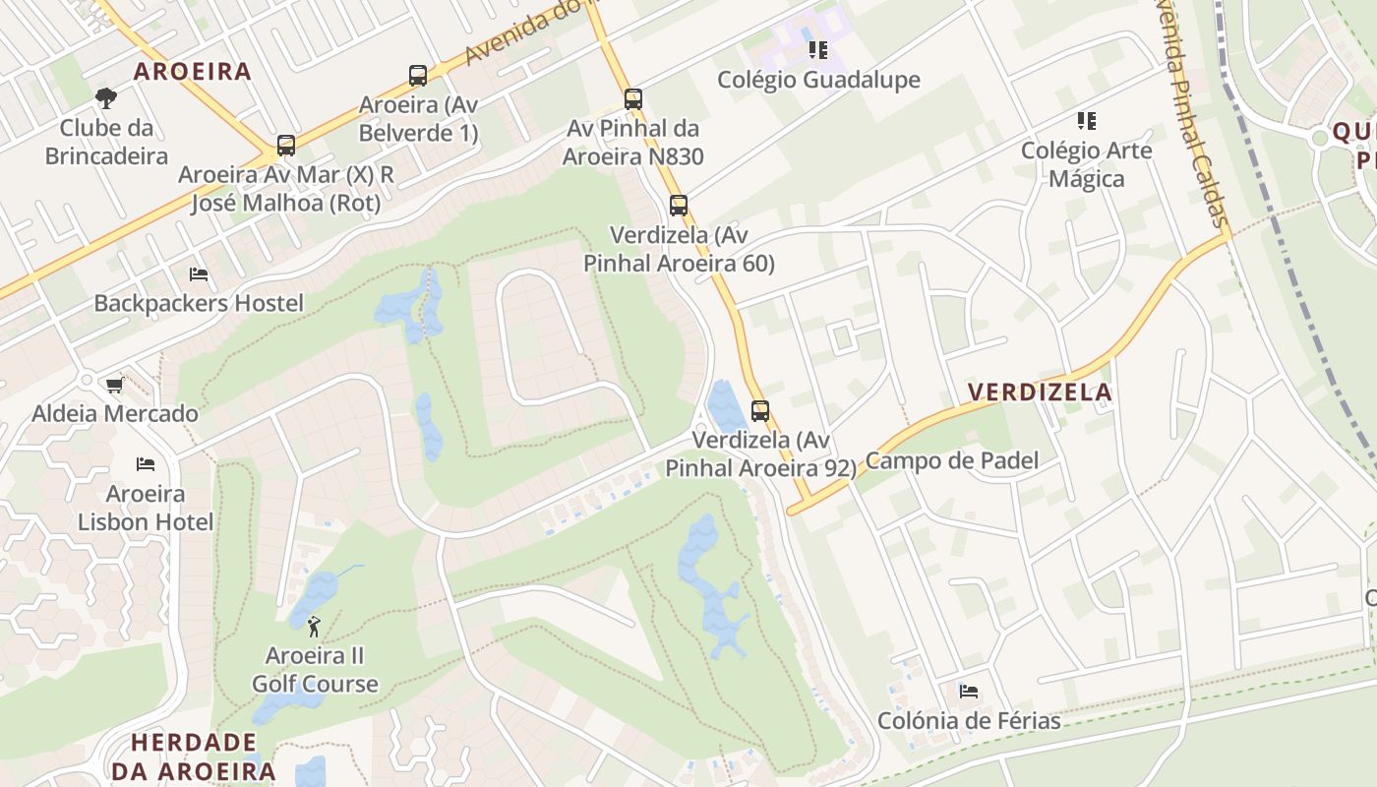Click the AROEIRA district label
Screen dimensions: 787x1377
click(193, 72)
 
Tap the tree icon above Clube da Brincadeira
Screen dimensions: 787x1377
click(106, 98)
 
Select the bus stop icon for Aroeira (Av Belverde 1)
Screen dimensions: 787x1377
click(418, 76)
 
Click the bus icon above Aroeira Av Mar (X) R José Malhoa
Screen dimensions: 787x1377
click(286, 146)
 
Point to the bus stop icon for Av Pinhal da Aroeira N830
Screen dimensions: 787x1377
click(633, 99)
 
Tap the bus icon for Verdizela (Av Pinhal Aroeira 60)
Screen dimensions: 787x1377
click(679, 206)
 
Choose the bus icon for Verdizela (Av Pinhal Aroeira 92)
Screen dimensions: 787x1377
click(760, 410)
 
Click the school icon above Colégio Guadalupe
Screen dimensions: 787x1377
click(818, 49)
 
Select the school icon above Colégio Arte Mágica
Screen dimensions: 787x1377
click(1087, 121)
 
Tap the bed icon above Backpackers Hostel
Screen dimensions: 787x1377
click(199, 274)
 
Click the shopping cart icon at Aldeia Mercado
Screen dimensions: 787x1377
click(115, 385)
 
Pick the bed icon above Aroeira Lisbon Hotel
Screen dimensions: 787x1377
click(146, 463)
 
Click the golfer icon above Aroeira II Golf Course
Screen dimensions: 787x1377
click(314, 626)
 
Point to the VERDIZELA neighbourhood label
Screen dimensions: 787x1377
click(1040, 393)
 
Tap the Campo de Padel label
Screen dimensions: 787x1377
click(952, 460)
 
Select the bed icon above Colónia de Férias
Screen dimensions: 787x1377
click(969, 692)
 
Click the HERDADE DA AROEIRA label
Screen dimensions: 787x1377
click(194, 757)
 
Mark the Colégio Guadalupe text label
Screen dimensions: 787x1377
click(818, 80)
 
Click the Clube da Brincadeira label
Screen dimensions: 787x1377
click(106, 142)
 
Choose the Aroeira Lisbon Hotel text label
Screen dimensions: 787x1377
click(146, 507)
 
